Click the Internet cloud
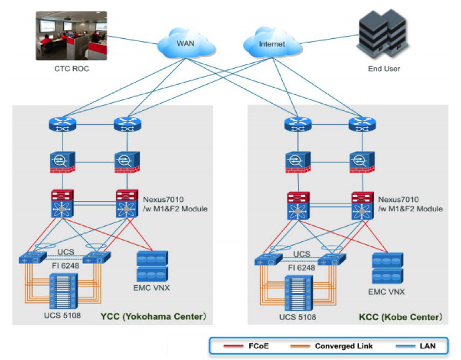coord(272,43)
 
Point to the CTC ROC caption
coord(71,69)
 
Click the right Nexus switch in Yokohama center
coord(127,204)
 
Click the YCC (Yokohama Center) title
coord(153,317)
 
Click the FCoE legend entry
coord(247,346)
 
